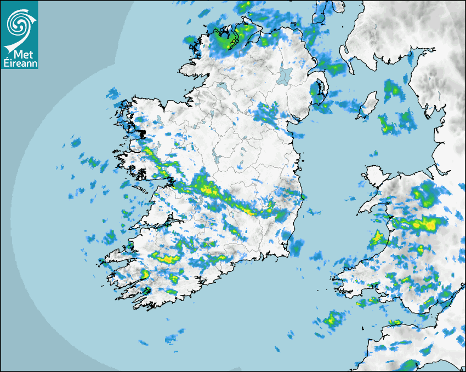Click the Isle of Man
pos(368,105)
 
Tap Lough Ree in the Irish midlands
pos(218,159)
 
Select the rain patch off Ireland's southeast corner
pos(297,246)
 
